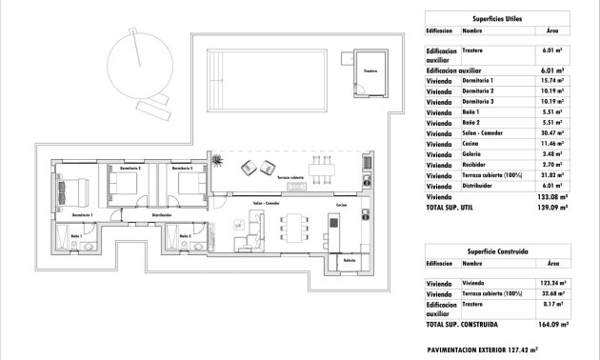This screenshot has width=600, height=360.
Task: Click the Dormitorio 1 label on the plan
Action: tap(80, 216)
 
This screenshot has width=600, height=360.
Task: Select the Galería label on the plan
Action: tap(350, 259)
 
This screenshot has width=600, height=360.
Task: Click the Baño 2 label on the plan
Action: tap(184, 234)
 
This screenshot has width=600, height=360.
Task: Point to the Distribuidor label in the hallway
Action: tap(161, 215)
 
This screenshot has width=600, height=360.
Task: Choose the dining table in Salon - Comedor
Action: tap(294, 228)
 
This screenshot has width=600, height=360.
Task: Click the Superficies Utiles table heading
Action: tap(492, 19)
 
